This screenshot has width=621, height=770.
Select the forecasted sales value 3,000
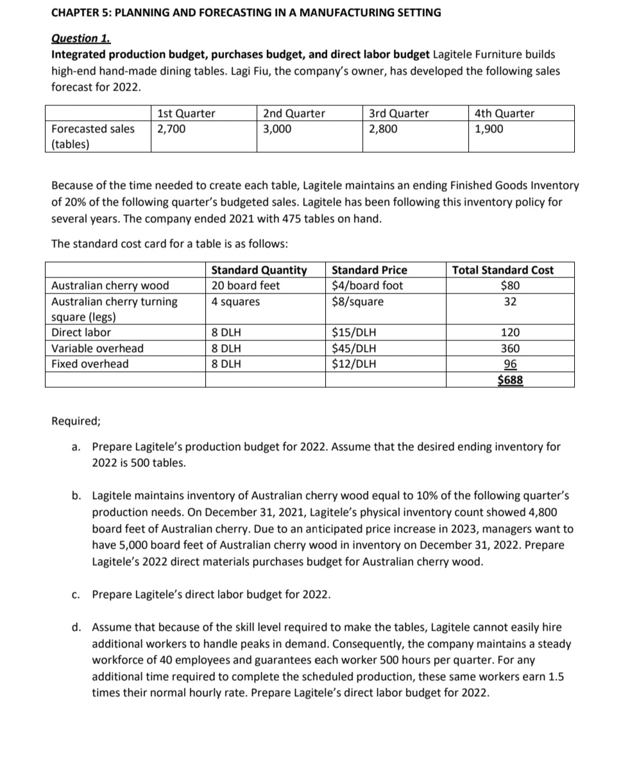click(277, 128)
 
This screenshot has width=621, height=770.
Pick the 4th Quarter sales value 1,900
click(489, 128)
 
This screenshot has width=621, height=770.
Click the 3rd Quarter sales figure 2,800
click(383, 128)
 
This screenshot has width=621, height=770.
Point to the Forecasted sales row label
click(93, 128)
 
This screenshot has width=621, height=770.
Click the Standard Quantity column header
click(259, 270)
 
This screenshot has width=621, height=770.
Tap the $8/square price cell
click(357, 301)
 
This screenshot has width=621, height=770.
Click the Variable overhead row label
click(98, 349)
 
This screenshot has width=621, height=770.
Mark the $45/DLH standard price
click(354, 349)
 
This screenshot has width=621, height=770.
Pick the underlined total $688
click(511, 380)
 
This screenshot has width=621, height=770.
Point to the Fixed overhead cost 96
click(511, 364)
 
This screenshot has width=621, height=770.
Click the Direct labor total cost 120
click(511, 333)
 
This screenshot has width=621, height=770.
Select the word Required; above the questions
click(76, 422)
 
